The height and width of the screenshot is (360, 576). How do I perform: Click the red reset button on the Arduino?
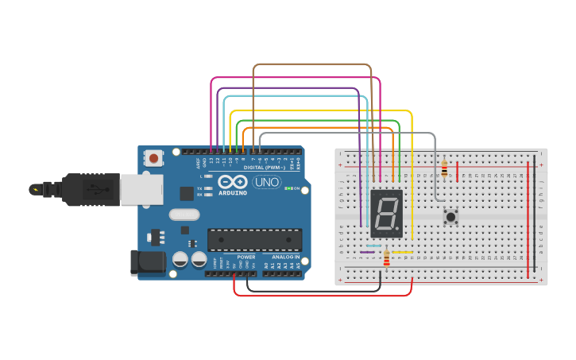pyautogui.click(x=153, y=158)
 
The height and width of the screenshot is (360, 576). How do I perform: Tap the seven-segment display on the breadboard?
pyautogui.click(x=386, y=213)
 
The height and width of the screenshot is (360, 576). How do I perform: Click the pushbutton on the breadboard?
pyautogui.click(x=451, y=215)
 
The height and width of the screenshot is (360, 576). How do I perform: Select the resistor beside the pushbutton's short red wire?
pyautogui.click(x=444, y=168)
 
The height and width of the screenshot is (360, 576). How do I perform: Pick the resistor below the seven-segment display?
pyautogui.click(x=387, y=259)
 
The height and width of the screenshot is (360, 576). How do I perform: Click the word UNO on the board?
pyautogui.click(x=267, y=182)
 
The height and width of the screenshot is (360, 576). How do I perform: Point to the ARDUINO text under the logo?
pyautogui.click(x=232, y=193)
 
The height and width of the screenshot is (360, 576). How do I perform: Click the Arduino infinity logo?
pyautogui.click(x=233, y=182)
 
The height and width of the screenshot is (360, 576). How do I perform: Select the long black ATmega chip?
pyautogui.click(x=254, y=239)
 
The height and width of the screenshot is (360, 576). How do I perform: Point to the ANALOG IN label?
pyautogui.click(x=286, y=257)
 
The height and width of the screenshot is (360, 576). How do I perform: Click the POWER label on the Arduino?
pyautogui.click(x=246, y=257)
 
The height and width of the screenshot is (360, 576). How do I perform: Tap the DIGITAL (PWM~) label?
pyautogui.click(x=265, y=168)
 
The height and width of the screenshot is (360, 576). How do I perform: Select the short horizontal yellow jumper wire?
pyautogui.click(x=403, y=253)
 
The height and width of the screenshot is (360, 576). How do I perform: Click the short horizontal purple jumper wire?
pyautogui.click(x=367, y=253)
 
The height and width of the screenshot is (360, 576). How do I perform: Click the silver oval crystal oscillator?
pyautogui.click(x=184, y=214)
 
